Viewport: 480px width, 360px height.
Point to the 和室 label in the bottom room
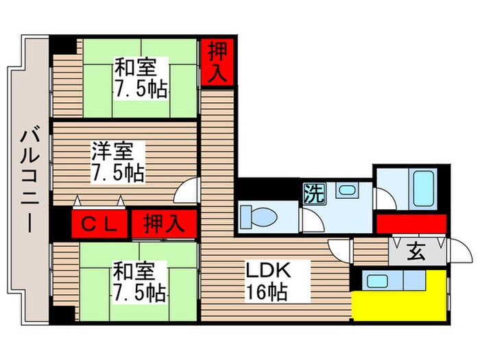[x=140, y=271]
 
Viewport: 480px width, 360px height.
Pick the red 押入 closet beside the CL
[x=163, y=224]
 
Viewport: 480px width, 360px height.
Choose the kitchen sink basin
[x=374, y=280]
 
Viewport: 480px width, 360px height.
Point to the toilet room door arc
[x=312, y=221]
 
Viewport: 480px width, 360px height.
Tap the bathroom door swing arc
[x=384, y=197]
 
